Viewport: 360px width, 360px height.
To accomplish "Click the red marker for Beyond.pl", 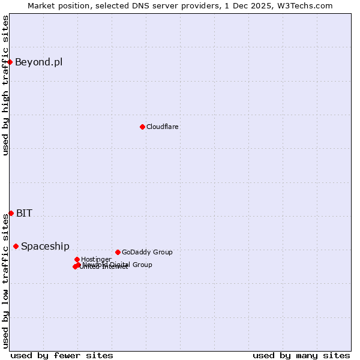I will (10, 62).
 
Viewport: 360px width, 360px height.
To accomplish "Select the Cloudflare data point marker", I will (142, 127).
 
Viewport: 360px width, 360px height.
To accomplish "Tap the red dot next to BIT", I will (11, 213).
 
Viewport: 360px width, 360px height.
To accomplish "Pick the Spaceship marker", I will (16, 246).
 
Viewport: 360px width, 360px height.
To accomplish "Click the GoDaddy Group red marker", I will (118, 252).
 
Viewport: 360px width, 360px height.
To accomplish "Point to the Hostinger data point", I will (77, 259).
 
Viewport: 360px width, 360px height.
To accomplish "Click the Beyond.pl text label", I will (38, 62).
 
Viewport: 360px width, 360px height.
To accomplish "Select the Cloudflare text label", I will (163, 127).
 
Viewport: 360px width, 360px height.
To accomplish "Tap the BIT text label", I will (24, 213).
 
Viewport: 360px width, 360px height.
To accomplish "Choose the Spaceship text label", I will (45, 246).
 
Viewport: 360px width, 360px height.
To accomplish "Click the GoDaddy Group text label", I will (147, 252).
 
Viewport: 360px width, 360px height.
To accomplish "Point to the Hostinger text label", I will (96, 259).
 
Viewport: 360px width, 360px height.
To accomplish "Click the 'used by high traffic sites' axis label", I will (5, 85).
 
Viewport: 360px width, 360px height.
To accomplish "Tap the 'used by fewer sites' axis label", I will (62, 355).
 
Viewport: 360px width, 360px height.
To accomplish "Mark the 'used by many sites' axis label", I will (301, 355).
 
